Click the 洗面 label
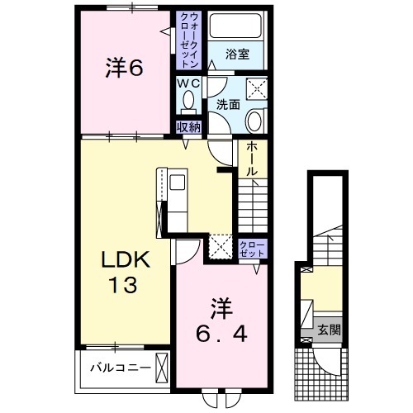coord(228,106)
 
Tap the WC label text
coord(188,83)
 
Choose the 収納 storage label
coord(188,126)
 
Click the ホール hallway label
coord(251,157)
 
